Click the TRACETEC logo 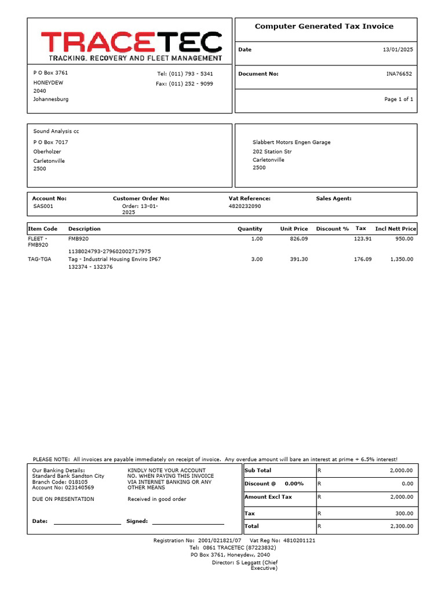click(131, 46)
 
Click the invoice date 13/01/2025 click(399, 50)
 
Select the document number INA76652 click(399, 74)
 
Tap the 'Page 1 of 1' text click(399, 100)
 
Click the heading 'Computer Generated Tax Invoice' click(324, 27)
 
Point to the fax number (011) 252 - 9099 click(184, 84)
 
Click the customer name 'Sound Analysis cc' click(56, 131)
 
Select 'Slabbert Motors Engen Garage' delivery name click(291, 142)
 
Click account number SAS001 click(43, 206)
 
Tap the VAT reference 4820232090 click(245, 206)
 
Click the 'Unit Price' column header click(294, 229)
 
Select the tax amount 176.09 click(363, 259)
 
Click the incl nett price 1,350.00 click(401, 259)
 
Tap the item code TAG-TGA click(39, 259)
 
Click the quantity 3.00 click(256, 259)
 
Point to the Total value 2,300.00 click(401, 526)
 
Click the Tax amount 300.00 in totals click(404, 513)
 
